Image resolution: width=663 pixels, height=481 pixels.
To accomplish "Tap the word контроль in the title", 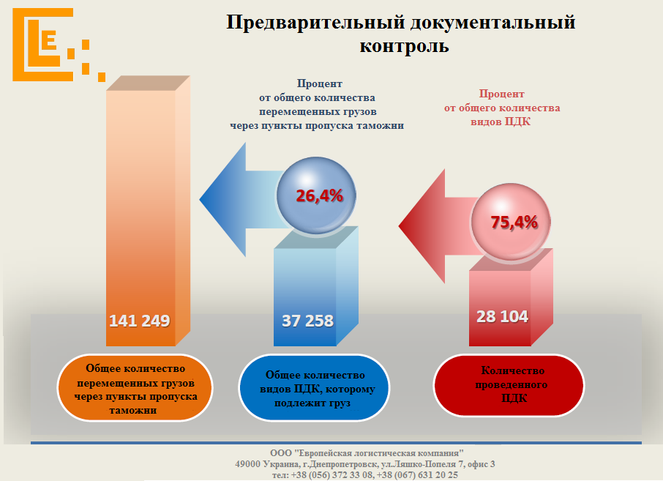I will pos(404,46).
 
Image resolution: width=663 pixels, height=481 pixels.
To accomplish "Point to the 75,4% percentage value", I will pos(514,223).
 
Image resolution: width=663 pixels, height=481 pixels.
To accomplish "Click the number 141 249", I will pos(139,321).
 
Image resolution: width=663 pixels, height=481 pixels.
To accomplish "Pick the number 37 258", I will pos(307,321).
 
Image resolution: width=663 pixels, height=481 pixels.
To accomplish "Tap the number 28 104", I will pos(502,316).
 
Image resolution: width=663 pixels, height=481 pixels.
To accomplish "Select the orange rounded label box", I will pos(135,388).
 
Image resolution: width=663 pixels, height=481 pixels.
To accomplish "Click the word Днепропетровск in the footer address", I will pos(337,464).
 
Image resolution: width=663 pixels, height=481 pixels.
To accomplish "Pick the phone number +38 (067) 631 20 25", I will pos(417,475).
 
